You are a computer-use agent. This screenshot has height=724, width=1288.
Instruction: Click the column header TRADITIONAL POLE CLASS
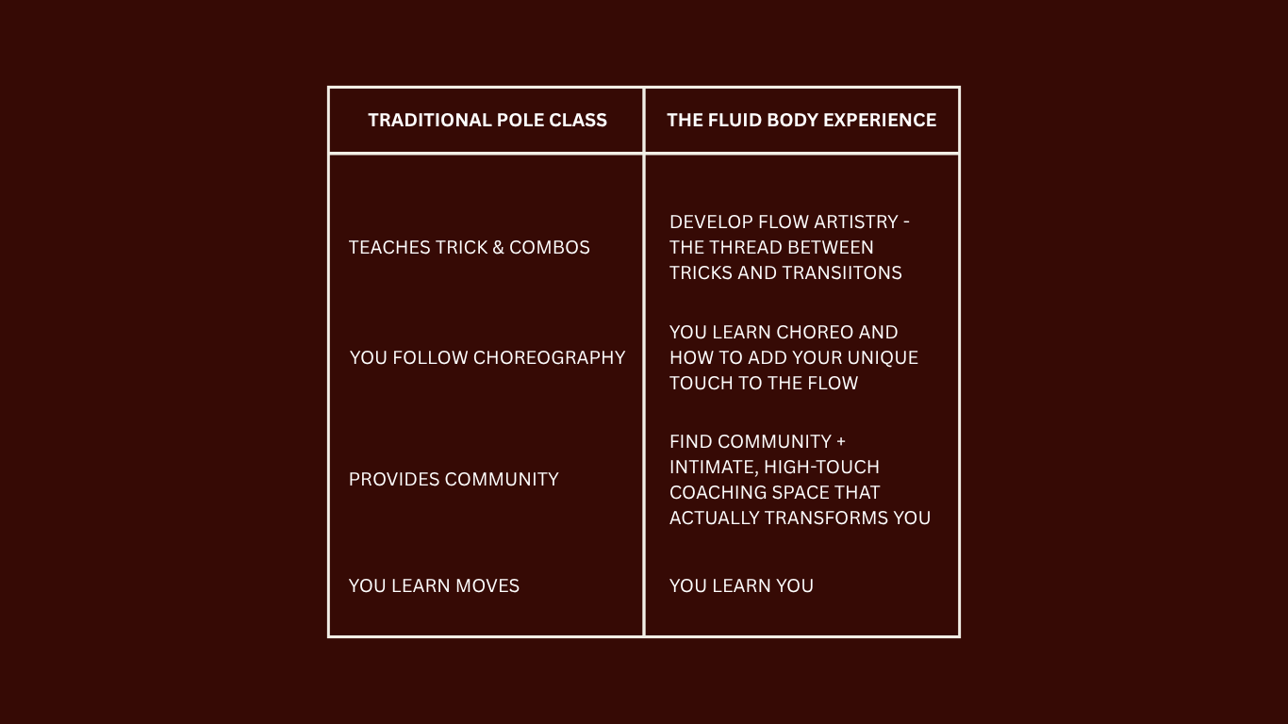click(487, 120)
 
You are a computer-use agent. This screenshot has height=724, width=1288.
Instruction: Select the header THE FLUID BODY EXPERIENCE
click(801, 120)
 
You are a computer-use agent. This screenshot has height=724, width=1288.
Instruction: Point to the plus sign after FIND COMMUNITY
click(840, 441)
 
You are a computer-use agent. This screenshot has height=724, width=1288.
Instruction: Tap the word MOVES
click(487, 585)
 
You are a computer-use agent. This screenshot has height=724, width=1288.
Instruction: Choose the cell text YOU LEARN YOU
click(741, 585)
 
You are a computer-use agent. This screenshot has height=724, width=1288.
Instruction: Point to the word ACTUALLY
click(714, 518)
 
